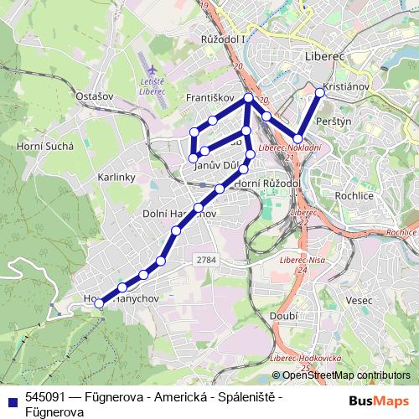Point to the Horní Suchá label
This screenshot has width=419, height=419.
[45, 145]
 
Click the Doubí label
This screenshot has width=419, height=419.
[284, 315]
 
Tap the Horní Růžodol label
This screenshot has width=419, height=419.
[267, 183]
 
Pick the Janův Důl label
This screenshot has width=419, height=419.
[215, 166]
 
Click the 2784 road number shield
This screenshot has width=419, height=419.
[207, 260]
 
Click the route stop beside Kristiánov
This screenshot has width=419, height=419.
[319, 93]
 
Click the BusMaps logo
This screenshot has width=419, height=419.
[380, 401]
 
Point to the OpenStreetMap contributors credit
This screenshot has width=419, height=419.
[346, 375]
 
